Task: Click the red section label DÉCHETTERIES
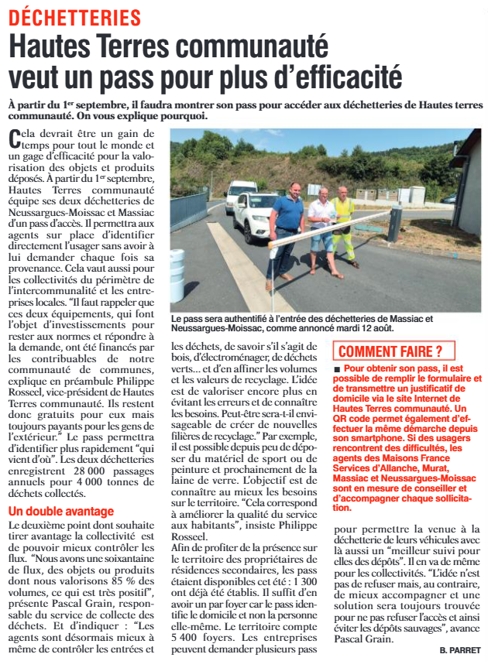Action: (74, 17)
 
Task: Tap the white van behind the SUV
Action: (241, 194)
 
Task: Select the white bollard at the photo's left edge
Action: (177, 275)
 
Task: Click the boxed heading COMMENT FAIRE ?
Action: (384, 351)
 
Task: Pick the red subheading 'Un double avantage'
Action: (60, 512)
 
